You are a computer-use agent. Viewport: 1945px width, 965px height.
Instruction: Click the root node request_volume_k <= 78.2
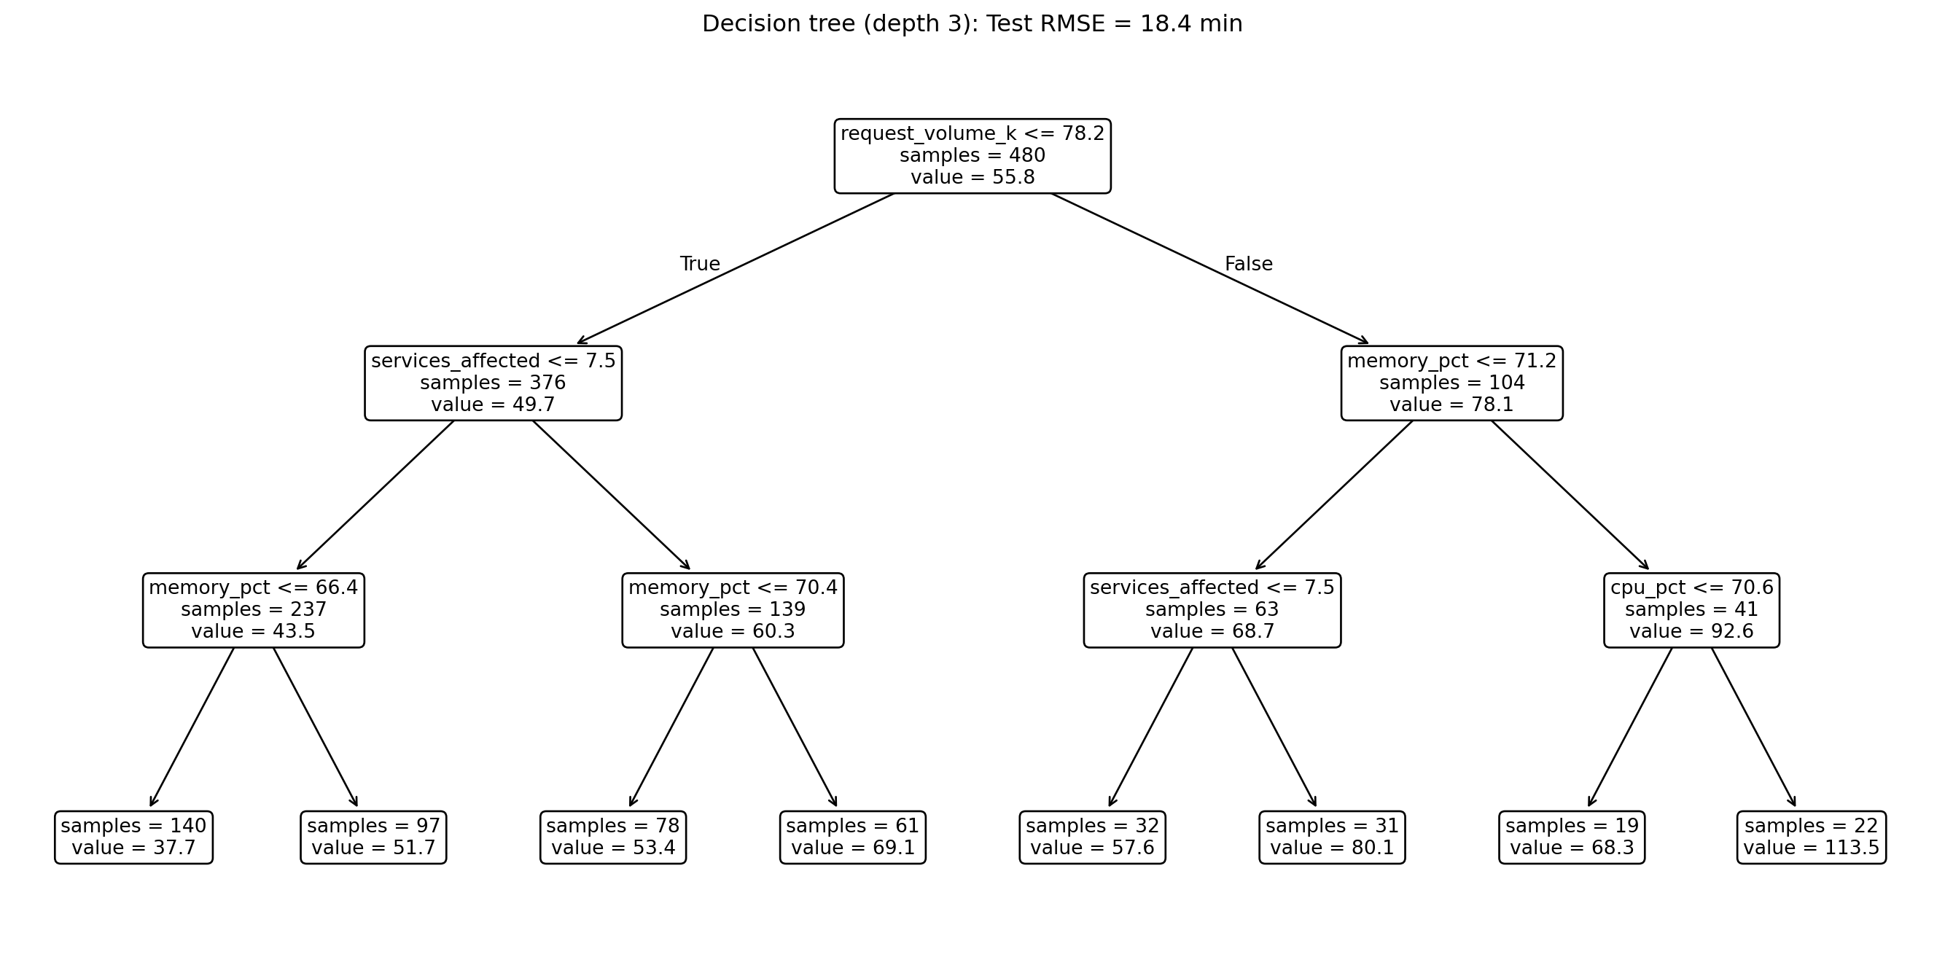click(x=972, y=155)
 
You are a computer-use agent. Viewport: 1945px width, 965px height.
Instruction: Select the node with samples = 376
click(x=493, y=383)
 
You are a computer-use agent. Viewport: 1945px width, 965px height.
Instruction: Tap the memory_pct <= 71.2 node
click(x=1451, y=383)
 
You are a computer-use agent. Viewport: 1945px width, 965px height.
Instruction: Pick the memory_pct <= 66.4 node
click(x=253, y=609)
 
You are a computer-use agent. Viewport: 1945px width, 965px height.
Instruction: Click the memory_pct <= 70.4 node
click(x=733, y=609)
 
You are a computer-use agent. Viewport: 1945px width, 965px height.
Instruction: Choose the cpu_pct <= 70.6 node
click(x=1691, y=609)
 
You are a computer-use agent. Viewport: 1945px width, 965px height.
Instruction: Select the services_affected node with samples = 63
click(x=1212, y=609)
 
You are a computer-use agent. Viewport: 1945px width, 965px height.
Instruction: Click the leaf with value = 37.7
click(x=133, y=837)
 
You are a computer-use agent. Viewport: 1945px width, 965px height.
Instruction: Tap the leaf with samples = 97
click(x=373, y=837)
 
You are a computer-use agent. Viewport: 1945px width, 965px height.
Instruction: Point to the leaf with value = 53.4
click(x=613, y=837)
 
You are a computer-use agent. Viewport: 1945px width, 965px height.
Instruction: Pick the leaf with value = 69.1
click(x=852, y=837)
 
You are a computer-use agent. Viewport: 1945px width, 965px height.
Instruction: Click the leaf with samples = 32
click(x=1092, y=837)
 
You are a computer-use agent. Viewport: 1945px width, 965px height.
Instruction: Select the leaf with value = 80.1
click(x=1332, y=837)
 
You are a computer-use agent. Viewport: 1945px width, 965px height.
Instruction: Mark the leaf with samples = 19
click(x=1571, y=837)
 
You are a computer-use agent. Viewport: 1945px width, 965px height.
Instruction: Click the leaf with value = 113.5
click(x=1812, y=837)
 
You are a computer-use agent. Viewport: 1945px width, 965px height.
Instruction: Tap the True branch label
click(x=700, y=265)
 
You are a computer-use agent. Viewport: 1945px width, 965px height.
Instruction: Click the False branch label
click(x=1248, y=265)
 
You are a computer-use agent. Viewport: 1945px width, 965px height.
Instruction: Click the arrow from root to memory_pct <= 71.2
click(x=1208, y=268)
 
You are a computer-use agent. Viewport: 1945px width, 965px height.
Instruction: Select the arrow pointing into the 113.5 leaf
click(x=1753, y=727)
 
